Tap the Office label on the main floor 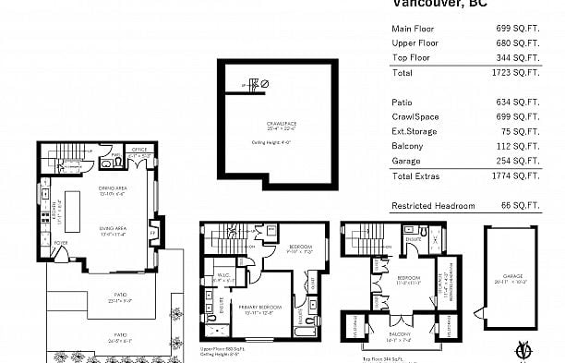click(139, 149)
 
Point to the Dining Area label click(112, 188)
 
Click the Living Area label click(112, 227)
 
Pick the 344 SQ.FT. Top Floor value click(518, 56)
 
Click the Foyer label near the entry click(60, 244)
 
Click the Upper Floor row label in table click(415, 42)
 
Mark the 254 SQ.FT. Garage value click(518, 161)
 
